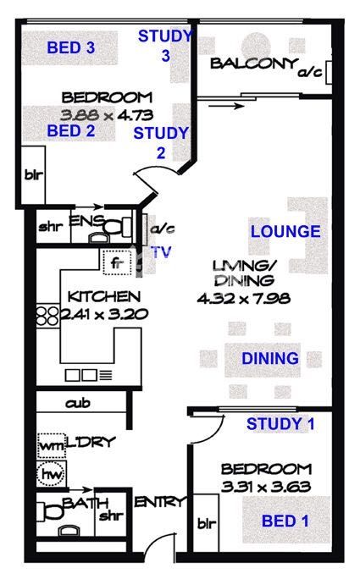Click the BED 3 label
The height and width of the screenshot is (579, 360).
(71, 47)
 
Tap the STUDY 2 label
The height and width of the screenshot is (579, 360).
(161, 143)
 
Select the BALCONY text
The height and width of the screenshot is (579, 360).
(254, 63)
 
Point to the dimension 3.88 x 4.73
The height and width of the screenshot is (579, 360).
(107, 116)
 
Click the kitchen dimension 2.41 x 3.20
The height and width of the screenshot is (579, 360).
(104, 314)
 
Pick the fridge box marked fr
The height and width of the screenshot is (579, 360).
(117, 262)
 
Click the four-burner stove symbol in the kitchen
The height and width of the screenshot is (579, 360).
(47, 316)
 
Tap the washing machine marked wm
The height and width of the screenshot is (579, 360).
(51, 445)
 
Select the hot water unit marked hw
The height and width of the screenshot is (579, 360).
(52, 473)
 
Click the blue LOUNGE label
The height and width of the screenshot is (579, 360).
(285, 232)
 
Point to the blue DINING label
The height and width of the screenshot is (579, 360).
(270, 359)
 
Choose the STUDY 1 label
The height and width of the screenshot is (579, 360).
(280, 424)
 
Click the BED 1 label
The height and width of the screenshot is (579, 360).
(285, 521)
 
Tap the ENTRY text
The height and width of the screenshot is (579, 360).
(159, 502)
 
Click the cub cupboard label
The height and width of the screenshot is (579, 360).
(78, 403)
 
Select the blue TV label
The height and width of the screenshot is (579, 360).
(162, 252)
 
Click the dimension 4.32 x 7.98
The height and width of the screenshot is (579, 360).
(244, 298)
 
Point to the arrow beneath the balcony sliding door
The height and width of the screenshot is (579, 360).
(226, 107)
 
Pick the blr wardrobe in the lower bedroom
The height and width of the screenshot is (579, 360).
(206, 523)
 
